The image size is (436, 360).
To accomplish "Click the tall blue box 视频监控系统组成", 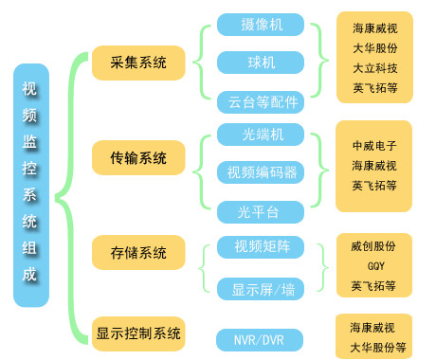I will click(30, 185).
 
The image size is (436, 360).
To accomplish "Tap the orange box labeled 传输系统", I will click(139, 157).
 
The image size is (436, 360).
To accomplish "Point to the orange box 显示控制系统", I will click(138, 333).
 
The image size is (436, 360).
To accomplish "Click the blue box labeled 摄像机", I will click(261, 24).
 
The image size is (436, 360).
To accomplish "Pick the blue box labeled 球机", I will click(261, 63).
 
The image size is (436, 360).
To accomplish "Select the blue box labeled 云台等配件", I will click(261, 100).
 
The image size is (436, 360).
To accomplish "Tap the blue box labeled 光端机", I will click(261, 133).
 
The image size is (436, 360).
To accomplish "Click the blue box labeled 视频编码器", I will click(261, 171).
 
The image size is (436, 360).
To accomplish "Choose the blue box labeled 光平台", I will click(261, 210).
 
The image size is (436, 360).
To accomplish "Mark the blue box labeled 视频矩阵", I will click(261, 247).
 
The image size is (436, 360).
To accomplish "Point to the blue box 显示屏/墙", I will click(261, 287).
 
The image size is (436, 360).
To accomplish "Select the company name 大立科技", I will click(374, 68).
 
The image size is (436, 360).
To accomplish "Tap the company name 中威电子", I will click(374, 147).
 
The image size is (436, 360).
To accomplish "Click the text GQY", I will click(374, 265).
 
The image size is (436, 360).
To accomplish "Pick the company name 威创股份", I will click(374, 246).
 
